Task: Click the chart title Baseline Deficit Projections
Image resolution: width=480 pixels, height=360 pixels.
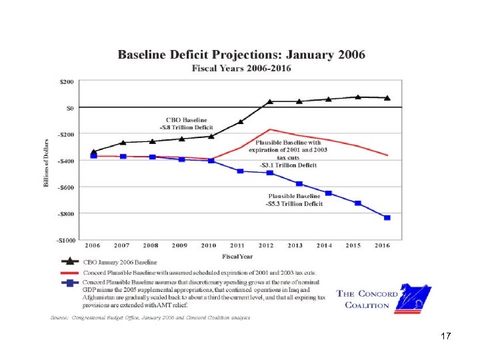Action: click(241, 55)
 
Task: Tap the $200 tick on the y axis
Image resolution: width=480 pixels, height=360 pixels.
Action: click(67, 81)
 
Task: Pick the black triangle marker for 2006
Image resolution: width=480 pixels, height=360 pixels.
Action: click(93, 151)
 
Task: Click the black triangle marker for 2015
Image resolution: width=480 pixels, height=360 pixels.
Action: click(358, 97)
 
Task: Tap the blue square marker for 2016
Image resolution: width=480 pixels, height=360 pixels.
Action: click(387, 218)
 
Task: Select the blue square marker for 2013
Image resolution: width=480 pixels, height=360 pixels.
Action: click(299, 183)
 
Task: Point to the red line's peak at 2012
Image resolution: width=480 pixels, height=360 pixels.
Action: click(270, 129)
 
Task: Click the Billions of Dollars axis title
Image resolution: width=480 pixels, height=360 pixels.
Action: click(47, 163)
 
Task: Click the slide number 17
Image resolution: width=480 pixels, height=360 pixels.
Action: click(446, 337)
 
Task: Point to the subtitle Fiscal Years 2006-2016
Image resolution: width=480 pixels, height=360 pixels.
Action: click(241, 68)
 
